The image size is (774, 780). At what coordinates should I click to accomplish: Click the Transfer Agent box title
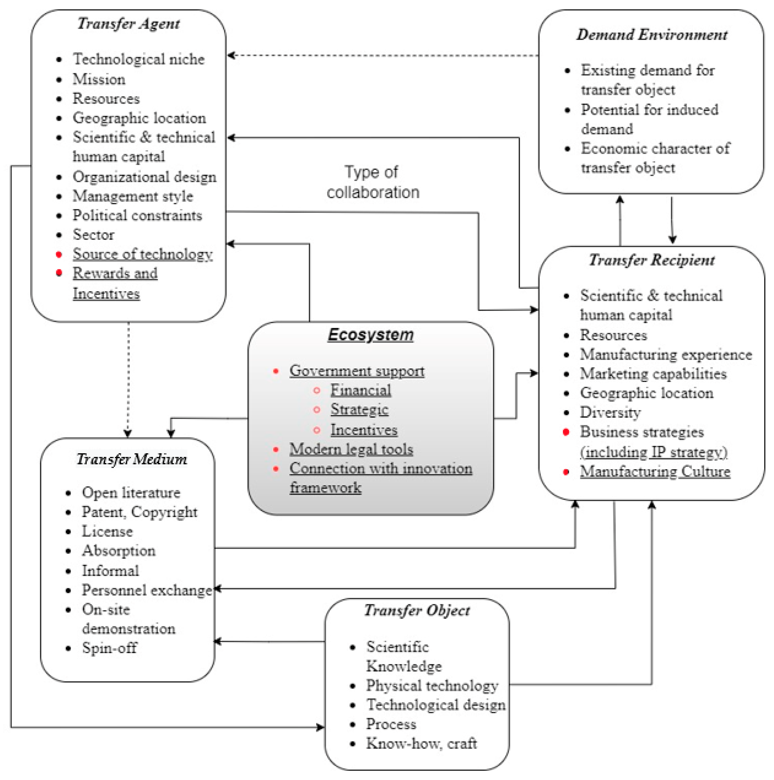(129, 24)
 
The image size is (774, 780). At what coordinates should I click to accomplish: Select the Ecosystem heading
(371, 335)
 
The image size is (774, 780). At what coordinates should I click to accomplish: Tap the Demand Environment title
(651, 35)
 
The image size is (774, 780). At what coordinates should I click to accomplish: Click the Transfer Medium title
(132, 459)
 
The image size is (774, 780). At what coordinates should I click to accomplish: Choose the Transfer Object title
(417, 610)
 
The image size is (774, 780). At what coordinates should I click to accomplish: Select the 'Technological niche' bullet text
(139, 59)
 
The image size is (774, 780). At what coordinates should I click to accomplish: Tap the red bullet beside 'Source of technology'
(59, 254)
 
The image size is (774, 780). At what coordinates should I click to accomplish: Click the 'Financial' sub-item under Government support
(360, 390)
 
